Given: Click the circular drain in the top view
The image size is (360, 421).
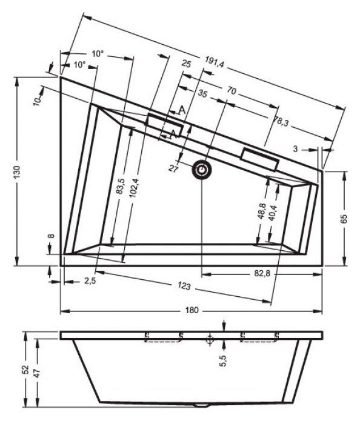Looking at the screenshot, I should point(202,171).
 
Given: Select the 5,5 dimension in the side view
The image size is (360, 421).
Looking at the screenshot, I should point(222,361).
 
